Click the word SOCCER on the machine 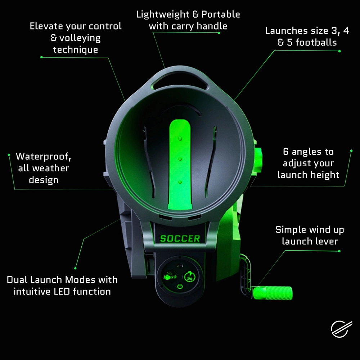[x=180, y=239]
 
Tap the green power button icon [x=180, y=287]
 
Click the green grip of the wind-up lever [x=273, y=293]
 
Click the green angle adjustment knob [x=258, y=160]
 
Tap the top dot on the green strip [x=180, y=139]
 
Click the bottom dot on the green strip [x=180, y=182]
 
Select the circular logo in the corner [x=341, y=329]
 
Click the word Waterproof [x=44, y=156]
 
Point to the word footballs [x=316, y=42]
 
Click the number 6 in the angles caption [x=285, y=152]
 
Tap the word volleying [x=80, y=38]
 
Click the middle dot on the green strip [x=180, y=159]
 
